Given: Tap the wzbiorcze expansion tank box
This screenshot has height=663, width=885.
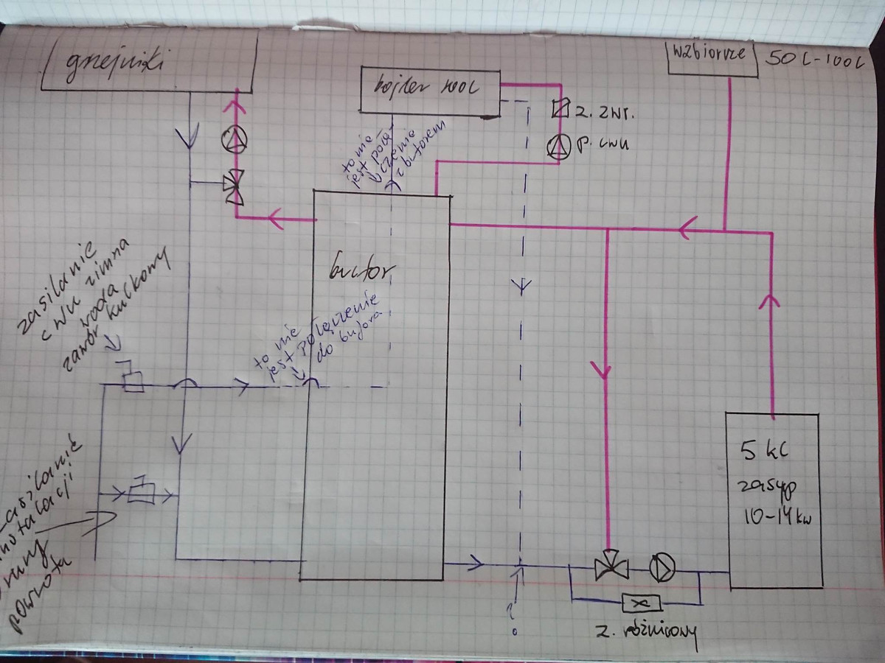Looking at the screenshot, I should pyautogui.click(x=712, y=56).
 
